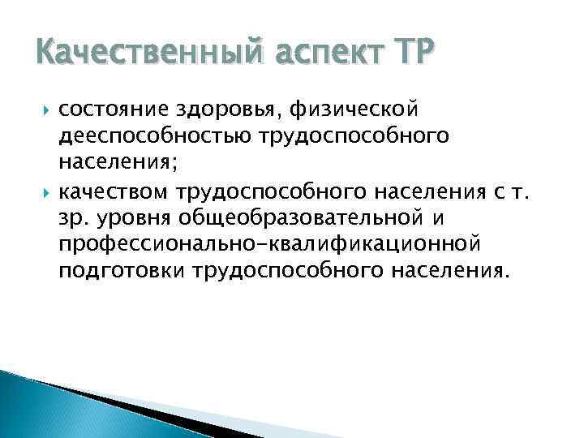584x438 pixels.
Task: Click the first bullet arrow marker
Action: point(44,108)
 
